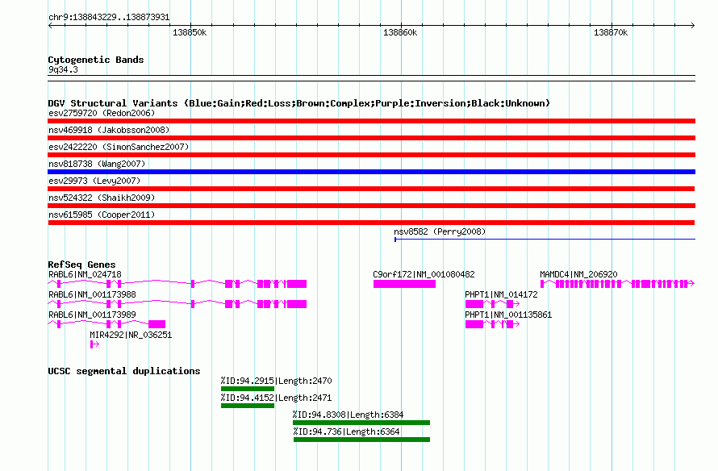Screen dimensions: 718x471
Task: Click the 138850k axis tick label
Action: coord(190,32)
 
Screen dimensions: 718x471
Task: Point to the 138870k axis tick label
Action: coord(611,32)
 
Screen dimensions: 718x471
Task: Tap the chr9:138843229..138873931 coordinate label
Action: coord(109,18)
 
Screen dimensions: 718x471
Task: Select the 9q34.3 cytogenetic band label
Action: coord(63,69)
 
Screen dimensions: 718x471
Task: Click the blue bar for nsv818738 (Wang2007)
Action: coord(371,172)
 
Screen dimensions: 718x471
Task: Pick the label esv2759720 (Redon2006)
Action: coord(102,113)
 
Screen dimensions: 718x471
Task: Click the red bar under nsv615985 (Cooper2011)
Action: coord(371,223)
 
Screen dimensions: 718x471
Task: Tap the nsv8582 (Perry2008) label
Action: coord(440,231)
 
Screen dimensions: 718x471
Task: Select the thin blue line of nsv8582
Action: coord(545,239)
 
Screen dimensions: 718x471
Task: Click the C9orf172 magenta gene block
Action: coord(404,284)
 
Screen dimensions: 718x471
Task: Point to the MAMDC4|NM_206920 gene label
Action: coord(578,274)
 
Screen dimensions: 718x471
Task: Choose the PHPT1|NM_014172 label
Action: coord(501,294)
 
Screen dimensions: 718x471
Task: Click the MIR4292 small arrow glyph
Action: coord(94,344)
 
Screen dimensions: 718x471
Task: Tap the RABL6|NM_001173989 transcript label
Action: coord(92,315)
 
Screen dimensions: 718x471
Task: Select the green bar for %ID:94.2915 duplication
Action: coord(248,389)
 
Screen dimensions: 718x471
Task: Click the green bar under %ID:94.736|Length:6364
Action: coord(361,440)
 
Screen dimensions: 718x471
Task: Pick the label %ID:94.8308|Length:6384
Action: coord(348,415)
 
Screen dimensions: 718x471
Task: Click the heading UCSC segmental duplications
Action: coord(124,371)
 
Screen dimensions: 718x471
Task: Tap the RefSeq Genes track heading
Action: coord(81,265)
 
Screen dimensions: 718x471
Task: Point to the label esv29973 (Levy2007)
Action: coord(94,181)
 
